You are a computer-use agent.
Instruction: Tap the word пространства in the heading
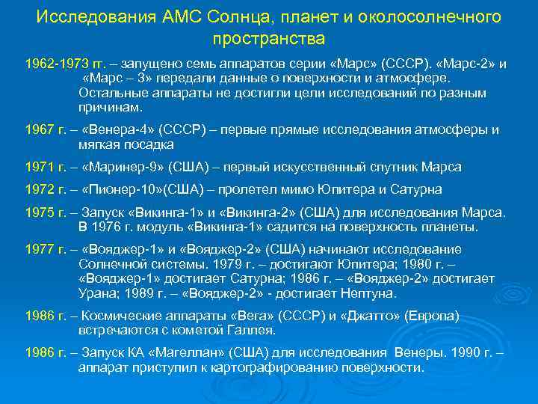[x=269, y=36]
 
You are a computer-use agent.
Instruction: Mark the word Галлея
[x=252, y=330]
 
